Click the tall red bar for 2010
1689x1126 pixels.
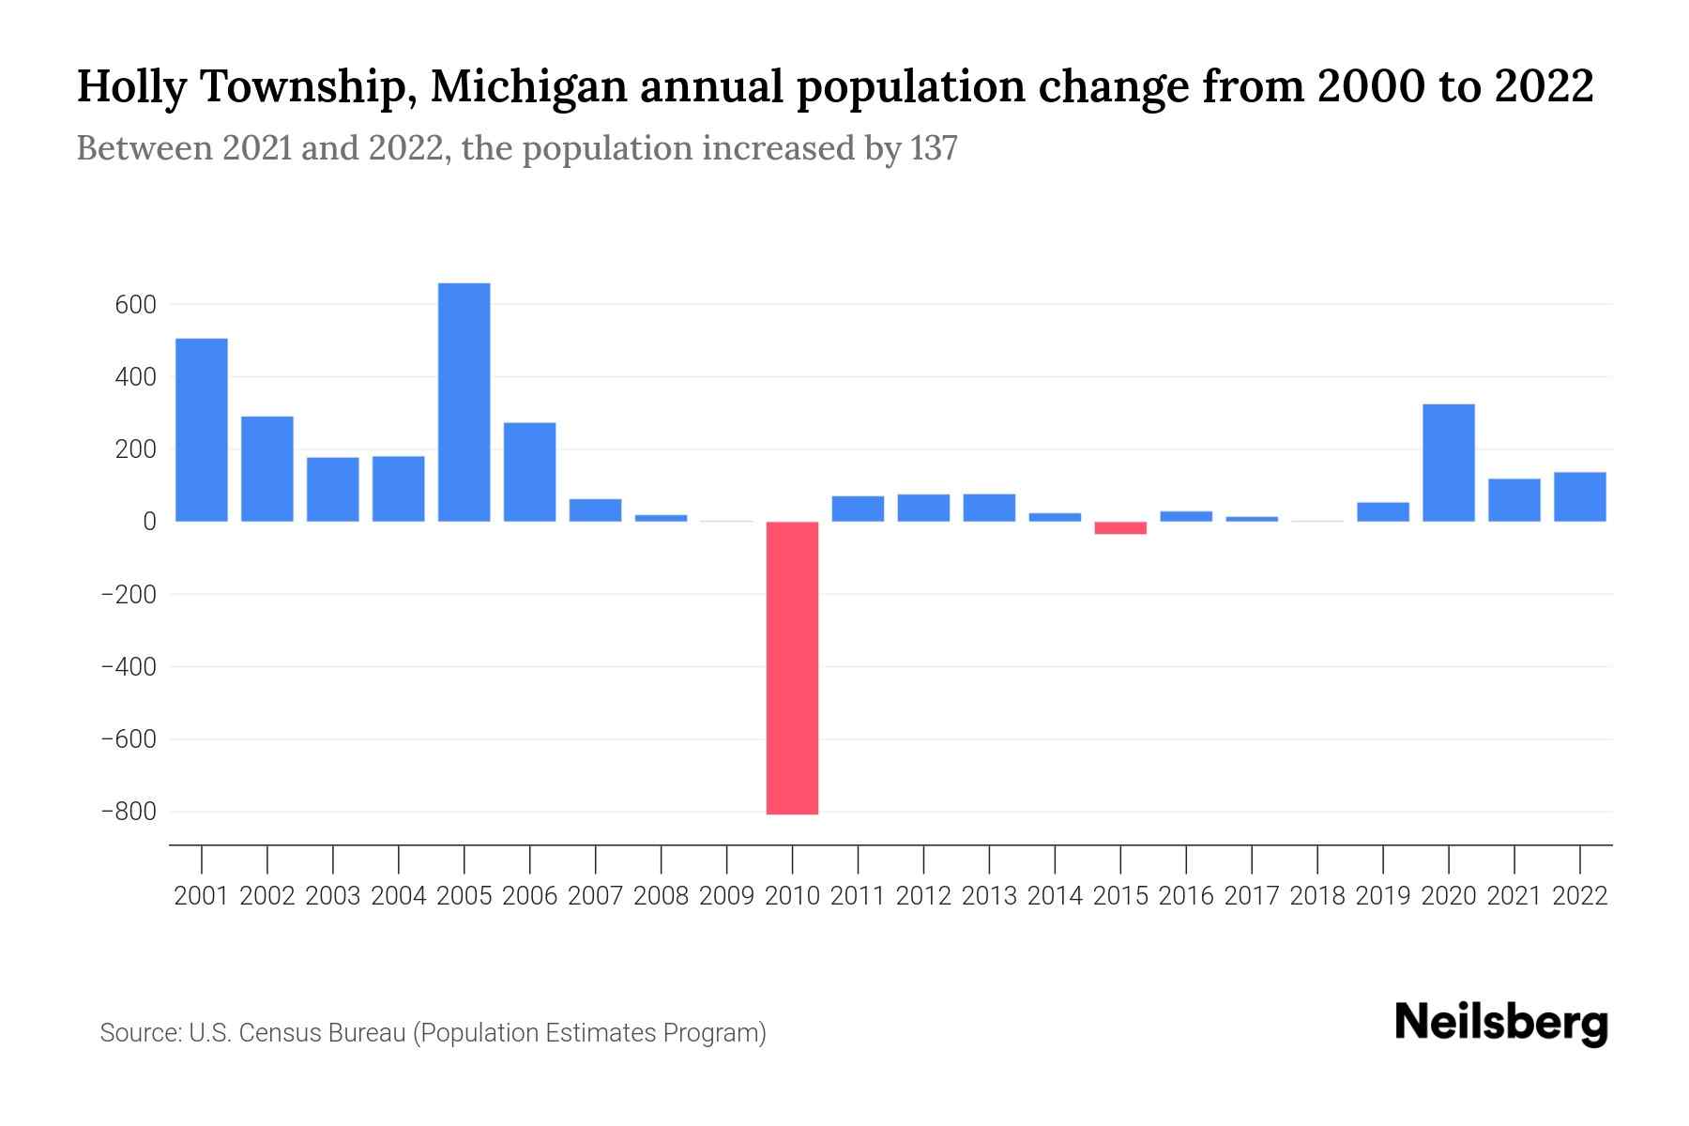[792, 667]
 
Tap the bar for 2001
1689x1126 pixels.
[202, 430]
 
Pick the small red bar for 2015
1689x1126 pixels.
[1120, 528]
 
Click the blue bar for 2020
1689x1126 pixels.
[1448, 463]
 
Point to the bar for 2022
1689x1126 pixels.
[1579, 496]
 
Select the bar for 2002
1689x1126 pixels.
[267, 468]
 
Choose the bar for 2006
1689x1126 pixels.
[529, 472]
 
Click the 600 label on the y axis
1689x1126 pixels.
[135, 305]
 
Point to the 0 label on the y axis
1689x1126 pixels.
[148, 522]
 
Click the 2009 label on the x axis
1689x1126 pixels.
[726, 896]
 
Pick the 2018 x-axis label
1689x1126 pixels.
[1316, 896]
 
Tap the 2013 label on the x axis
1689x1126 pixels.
[989, 896]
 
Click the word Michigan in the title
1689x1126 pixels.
[529, 86]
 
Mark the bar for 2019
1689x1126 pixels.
[1382, 512]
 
